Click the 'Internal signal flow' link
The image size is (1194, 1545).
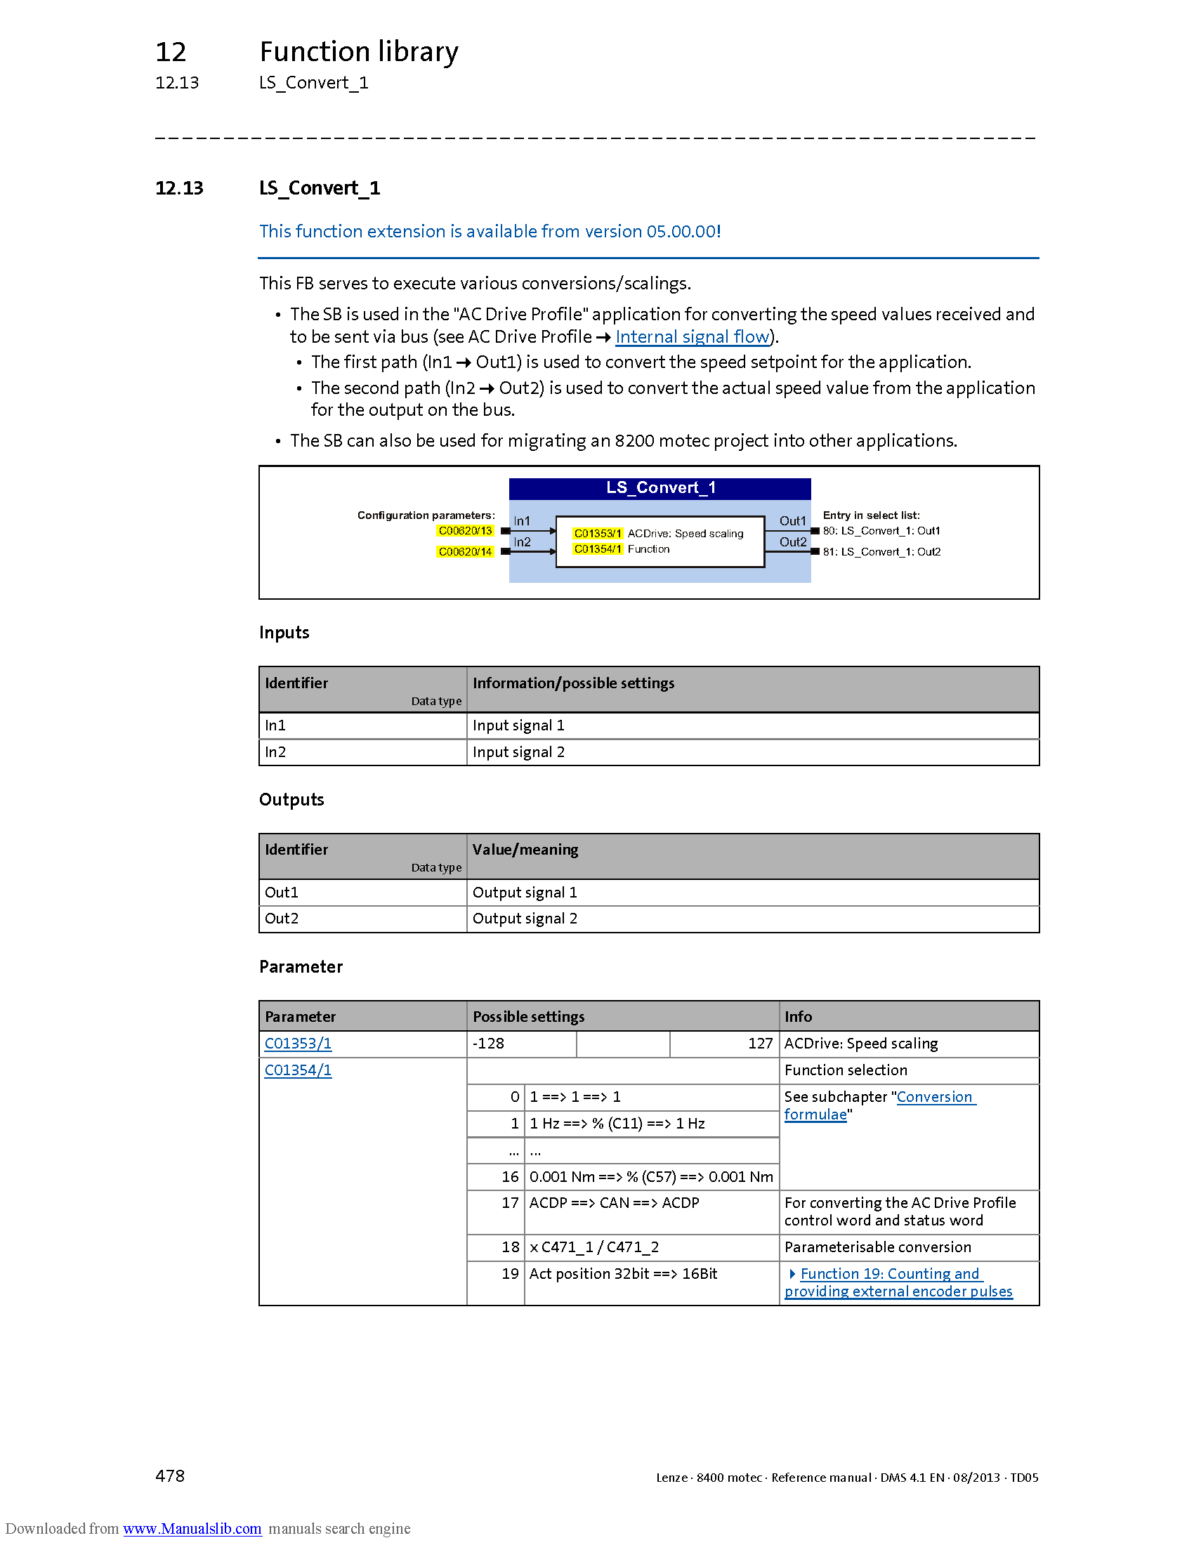coord(692,336)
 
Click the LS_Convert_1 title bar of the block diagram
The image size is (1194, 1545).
coord(660,488)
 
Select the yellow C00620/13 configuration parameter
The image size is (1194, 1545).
coord(465,530)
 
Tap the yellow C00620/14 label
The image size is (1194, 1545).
coord(465,552)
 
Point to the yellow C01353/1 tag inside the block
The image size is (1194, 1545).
coord(598,534)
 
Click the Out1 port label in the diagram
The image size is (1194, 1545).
coord(792,521)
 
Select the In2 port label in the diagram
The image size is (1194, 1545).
coord(522,542)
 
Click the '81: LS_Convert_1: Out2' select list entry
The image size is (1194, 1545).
coord(881,552)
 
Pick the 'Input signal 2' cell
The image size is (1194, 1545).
coord(518,752)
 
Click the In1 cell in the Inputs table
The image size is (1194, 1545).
coord(275,725)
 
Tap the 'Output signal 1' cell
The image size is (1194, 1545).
coord(525,892)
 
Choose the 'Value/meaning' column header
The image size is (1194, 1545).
coord(525,849)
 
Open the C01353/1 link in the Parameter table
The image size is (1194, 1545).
coord(298,1043)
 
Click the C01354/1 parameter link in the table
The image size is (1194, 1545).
coord(298,1070)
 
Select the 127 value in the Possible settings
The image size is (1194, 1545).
coord(760,1044)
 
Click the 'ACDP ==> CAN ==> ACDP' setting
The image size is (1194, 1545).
coord(614,1202)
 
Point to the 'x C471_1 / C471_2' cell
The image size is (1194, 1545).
coord(594,1247)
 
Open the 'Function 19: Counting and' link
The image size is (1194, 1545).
coord(889,1273)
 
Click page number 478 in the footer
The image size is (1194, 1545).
coord(170,1475)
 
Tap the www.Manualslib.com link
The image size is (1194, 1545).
coord(192,1528)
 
